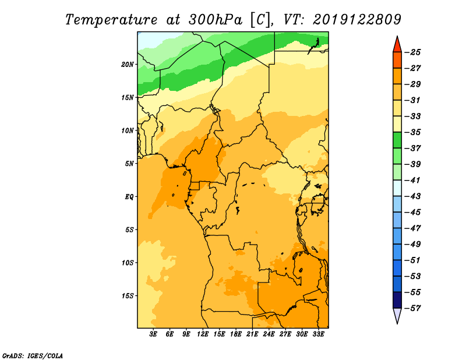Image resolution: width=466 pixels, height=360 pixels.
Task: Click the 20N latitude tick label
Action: [x=128, y=65]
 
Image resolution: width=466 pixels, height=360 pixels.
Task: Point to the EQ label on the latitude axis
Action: [x=129, y=197]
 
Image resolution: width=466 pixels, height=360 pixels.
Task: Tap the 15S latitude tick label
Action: [x=128, y=296]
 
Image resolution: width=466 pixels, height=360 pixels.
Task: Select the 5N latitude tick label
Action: [x=129, y=164]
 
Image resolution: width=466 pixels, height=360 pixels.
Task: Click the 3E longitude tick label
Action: [x=153, y=334]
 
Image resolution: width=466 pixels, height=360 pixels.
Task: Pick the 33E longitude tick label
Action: [x=318, y=334]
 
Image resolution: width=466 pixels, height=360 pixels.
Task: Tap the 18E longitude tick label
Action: [x=236, y=334]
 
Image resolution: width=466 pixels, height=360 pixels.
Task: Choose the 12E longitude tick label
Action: [x=203, y=334]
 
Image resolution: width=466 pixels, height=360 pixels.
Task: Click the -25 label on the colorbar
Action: [x=413, y=52]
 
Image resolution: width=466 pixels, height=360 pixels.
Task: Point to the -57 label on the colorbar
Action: [x=413, y=308]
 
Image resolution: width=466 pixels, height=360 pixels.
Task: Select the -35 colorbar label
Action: [x=413, y=132]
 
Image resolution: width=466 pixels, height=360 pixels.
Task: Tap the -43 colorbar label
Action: [x=413, y=196]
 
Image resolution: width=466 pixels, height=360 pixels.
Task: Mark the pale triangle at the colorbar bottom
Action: [x=397, y=315]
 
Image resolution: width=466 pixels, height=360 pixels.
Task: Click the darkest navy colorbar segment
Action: [x=397, y=300]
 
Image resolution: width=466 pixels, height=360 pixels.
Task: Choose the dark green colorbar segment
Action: [x=397, y=140]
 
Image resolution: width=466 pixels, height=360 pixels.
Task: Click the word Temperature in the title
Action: [x=111, y=20]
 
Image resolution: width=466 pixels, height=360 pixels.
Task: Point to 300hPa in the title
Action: [x=216, y=20]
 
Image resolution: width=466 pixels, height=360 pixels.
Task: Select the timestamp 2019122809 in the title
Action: [x=357, y=20]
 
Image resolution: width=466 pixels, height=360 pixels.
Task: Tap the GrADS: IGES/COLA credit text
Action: [x=33, y=355]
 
